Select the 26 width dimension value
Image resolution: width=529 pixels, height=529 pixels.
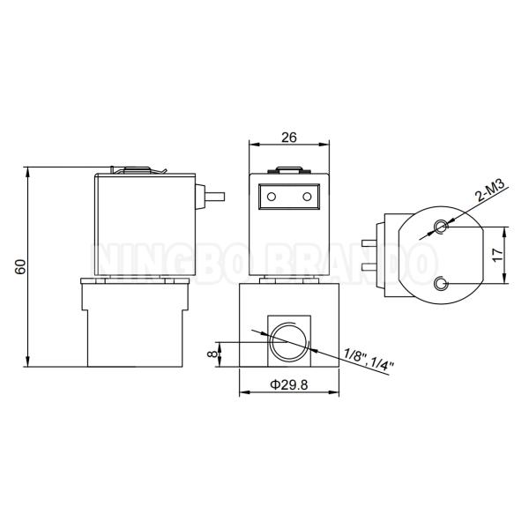click(288, 136)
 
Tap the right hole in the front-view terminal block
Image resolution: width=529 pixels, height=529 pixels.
click(307, 196)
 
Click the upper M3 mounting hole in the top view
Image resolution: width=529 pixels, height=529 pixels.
click(441, 227)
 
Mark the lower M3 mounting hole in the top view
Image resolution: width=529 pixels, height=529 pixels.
click(441, 283)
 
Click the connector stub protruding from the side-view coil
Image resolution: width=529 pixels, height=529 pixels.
click(213, 196)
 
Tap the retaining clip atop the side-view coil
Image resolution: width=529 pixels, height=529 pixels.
click(137, 171)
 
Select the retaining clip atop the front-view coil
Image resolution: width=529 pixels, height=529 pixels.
click(289, 171)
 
